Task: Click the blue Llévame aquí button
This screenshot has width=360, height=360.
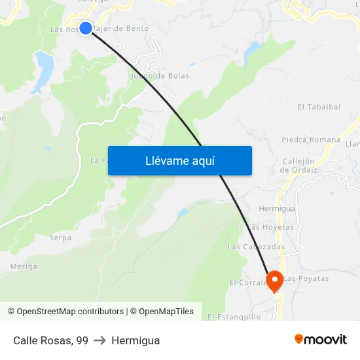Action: tap(179, 160)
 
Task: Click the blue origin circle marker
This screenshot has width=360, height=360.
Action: tap(86, 27)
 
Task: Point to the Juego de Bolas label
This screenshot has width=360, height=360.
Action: tap(160, 76)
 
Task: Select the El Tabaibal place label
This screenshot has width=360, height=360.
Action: tap(319, 107)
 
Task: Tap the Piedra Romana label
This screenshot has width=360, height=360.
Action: tap(311, 139)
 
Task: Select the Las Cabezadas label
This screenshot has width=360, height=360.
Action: tap(256, 247)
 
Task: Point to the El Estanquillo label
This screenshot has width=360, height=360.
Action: tap(234, 317)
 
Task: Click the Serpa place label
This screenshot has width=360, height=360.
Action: tap(60, 238)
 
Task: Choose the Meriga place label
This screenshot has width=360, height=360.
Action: tap(24, 266)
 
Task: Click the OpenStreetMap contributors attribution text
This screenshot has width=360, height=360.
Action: tap(70, 312)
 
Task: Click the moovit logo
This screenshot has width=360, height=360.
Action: tap(320, 340)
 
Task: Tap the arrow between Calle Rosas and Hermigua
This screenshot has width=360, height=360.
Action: tap(99, 340)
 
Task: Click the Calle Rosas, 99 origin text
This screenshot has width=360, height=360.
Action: tap(50, 340)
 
